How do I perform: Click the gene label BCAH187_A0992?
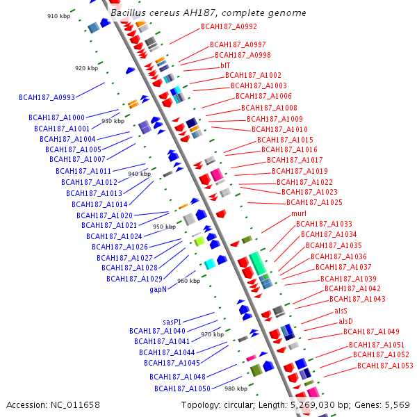point(229,26)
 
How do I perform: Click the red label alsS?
point(341,311)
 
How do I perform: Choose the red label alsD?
point(345,321)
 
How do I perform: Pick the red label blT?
point(225,65)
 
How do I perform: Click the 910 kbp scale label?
point(58,16)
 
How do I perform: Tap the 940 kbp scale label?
point(140,174)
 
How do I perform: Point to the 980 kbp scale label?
point(236,389)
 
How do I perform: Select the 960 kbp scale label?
point(188,281)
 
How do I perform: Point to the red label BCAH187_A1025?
point(314,202)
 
